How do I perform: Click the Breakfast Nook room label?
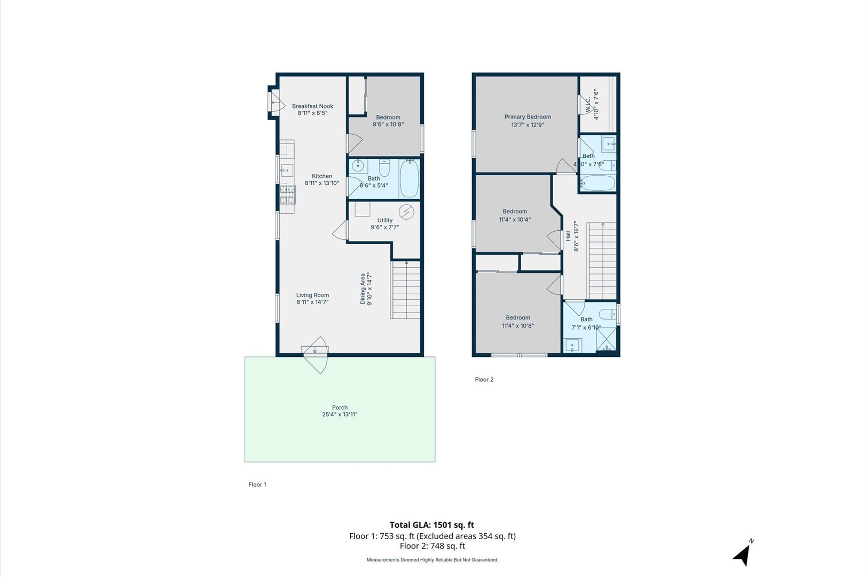(x=312, y=106)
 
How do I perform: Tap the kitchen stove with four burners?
(x=287, y=194)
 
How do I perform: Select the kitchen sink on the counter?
(x=287, y=171)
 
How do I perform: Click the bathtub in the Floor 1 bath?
(x=410, y=178)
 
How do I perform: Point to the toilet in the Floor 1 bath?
(x=384, y=168)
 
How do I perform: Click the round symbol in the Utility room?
(x=406, y=212)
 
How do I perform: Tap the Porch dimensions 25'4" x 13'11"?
(x=340, y=415)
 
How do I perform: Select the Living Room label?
(x=312, y=295)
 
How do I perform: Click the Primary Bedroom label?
(x=528, y=117)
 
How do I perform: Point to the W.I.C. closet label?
(x=588, y=104)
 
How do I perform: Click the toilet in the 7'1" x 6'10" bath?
(x=607, y=314)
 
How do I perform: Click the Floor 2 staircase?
(x=602, y=261)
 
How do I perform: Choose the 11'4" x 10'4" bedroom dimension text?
(x=515, y=220)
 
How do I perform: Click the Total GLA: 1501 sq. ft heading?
(x=432, y=525)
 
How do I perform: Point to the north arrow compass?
(x=743, y=555)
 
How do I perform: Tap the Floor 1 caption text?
(x=257, y=485)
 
